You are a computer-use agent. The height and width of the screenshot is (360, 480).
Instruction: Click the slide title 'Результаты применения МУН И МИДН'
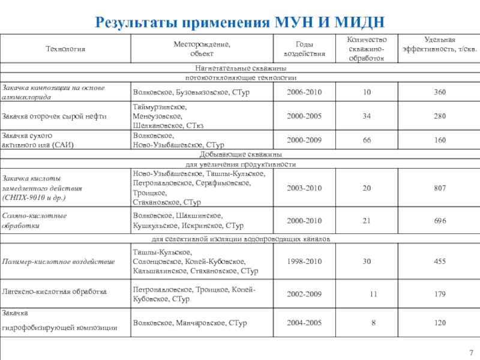pos(240,23)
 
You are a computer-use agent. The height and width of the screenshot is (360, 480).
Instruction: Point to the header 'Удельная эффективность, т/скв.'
pos(440,44)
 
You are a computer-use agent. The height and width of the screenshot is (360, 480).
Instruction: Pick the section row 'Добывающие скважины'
pos(240,155)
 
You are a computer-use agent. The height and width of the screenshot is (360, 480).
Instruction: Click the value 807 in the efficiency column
pos(440,188)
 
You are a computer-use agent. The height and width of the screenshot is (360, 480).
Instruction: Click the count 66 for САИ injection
pos(366,140)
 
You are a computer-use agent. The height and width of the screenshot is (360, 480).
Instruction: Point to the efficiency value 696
pos(440,221)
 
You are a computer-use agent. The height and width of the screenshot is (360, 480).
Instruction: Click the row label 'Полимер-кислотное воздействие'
pos(58,262)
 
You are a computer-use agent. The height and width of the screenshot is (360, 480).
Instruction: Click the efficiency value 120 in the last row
pos(440,323)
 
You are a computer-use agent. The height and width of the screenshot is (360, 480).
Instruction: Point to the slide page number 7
pos(471,352)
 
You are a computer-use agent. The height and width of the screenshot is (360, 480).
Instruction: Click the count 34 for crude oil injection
pos(366,116)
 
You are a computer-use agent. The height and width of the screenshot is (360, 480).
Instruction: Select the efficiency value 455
pos(440,262)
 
